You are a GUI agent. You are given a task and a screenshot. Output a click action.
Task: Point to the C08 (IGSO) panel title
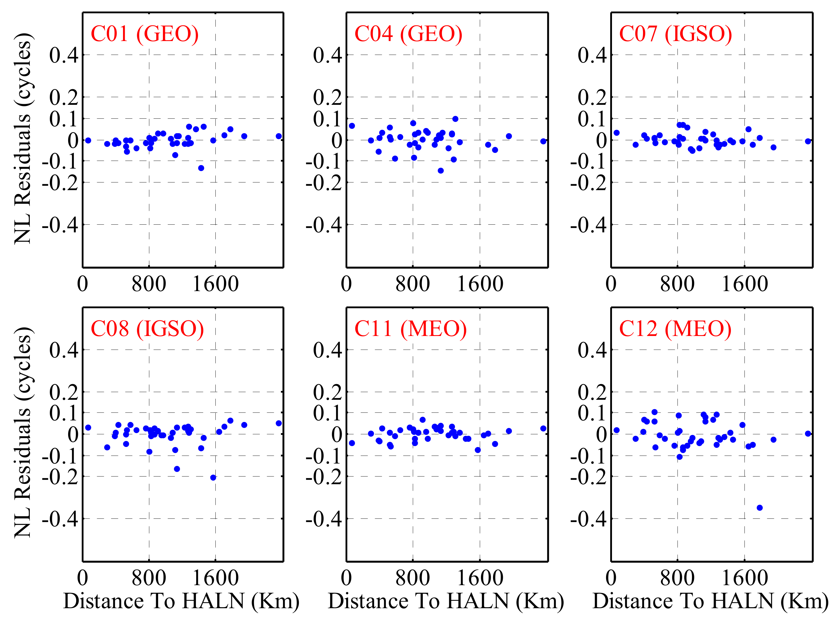[147, 329]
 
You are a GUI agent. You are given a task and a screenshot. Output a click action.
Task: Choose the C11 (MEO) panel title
[411, 329]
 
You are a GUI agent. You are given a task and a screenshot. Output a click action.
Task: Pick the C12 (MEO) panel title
[675, 329]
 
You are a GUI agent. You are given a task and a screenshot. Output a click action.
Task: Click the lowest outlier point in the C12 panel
[760, 508]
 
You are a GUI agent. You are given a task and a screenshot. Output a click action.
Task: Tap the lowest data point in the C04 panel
[441, 171]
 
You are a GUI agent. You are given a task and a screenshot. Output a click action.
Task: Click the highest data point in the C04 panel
[455, 119]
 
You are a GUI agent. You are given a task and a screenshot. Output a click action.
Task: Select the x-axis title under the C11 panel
[446, 601]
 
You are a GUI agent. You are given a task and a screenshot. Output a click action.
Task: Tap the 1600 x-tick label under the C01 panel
[216, 284]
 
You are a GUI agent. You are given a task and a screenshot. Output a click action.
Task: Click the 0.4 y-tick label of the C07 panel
[592, 55]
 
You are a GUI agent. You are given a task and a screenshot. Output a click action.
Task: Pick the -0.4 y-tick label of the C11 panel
[324, 518]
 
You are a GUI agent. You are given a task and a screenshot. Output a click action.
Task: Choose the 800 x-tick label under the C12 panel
[677, 578]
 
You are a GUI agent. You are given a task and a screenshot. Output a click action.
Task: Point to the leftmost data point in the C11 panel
[352, 443]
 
